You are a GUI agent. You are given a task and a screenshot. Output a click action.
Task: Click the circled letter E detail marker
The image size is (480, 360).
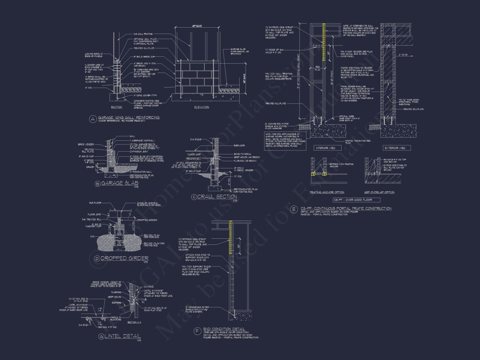(294, 209)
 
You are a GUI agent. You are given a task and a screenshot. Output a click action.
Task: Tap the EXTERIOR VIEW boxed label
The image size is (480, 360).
(398, 148)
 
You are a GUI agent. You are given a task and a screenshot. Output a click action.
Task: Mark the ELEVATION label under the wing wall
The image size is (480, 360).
(201, 107)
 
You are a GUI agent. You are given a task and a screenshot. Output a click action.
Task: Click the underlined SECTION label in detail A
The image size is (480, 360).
(116, 107)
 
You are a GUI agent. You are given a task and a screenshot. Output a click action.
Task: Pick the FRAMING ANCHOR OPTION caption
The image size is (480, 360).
(327, 192)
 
